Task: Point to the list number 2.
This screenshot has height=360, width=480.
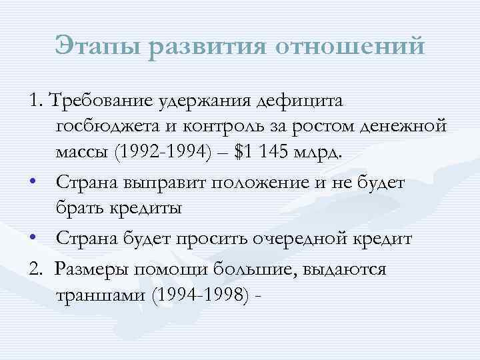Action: (36, 269)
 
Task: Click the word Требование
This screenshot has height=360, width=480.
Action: (100, 101)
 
